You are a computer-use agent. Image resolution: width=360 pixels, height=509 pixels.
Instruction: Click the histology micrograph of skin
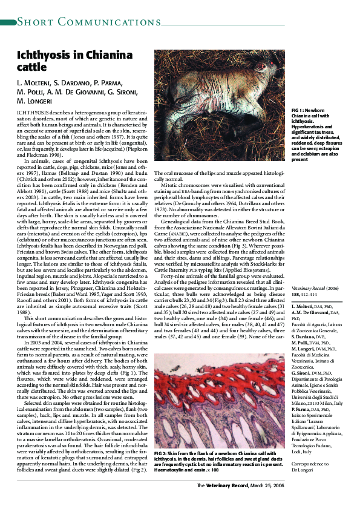tap(220, 397)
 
